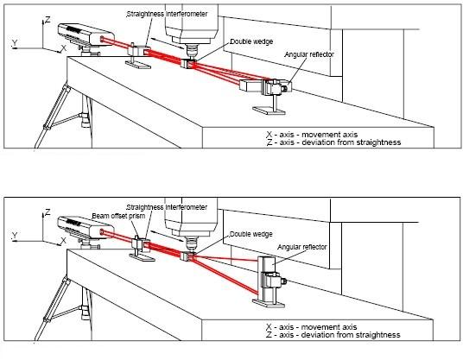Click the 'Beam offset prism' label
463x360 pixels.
point(118,216)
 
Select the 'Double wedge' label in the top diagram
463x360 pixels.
point(251,41)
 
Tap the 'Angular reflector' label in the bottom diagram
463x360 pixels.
point(301,247)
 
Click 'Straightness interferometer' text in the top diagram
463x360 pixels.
point(167,14)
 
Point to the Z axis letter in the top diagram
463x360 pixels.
point(48,20)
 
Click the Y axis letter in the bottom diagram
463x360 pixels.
point(15,236)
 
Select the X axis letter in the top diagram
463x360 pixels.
point(63,48)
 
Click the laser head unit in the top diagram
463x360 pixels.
point(86,35)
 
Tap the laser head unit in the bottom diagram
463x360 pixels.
point(86,228)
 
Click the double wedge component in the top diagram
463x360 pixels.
point(187,64)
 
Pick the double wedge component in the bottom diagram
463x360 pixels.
point(187,256)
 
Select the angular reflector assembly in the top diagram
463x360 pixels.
point(266,86)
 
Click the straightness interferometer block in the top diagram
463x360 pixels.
point(139,50)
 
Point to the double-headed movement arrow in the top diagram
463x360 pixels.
point(167,43)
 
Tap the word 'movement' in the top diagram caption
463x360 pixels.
point(329,135)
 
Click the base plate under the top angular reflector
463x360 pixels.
point(269,111)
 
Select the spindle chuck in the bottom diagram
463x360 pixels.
point(190,243)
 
